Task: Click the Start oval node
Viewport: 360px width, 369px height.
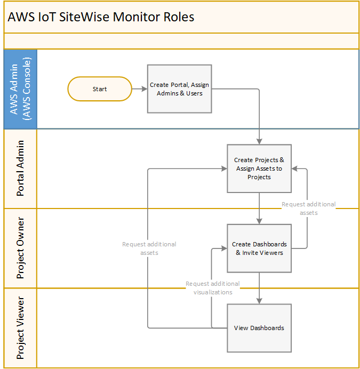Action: [x=100, y=89]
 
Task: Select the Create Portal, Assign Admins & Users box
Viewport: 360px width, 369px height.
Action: [x=179, y=89]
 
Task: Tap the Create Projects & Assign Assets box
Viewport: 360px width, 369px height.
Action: [x=259, y=169]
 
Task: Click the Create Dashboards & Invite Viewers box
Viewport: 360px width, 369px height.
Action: [x=259, y=248]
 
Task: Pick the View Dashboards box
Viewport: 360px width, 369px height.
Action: [x=259, y=328]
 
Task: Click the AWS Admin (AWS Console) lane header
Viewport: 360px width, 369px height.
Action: [x=20, y=89]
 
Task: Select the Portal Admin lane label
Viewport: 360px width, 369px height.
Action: [x=20, y=169]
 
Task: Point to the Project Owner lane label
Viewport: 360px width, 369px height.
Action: [x=20, y=248]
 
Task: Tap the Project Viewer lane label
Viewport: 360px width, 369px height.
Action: [x=20, y=328]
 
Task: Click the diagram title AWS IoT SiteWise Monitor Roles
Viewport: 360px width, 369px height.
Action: [x=101, y=17]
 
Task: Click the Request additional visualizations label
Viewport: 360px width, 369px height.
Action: [x=212, y=288]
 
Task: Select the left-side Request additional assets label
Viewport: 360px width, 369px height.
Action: [x=149, y=248]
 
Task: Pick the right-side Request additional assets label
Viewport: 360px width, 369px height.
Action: [x=308, y=208]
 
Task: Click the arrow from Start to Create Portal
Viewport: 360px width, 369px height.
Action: [x=139, y=89]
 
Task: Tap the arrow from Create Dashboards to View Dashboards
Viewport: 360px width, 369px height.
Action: [x=259, y=288]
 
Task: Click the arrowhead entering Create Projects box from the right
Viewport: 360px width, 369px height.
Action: [x=295, y=169]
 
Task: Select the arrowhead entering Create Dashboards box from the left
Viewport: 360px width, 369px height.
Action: [x=224, y=248]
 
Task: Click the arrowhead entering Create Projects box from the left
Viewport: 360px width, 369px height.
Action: [x=224, y=169]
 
